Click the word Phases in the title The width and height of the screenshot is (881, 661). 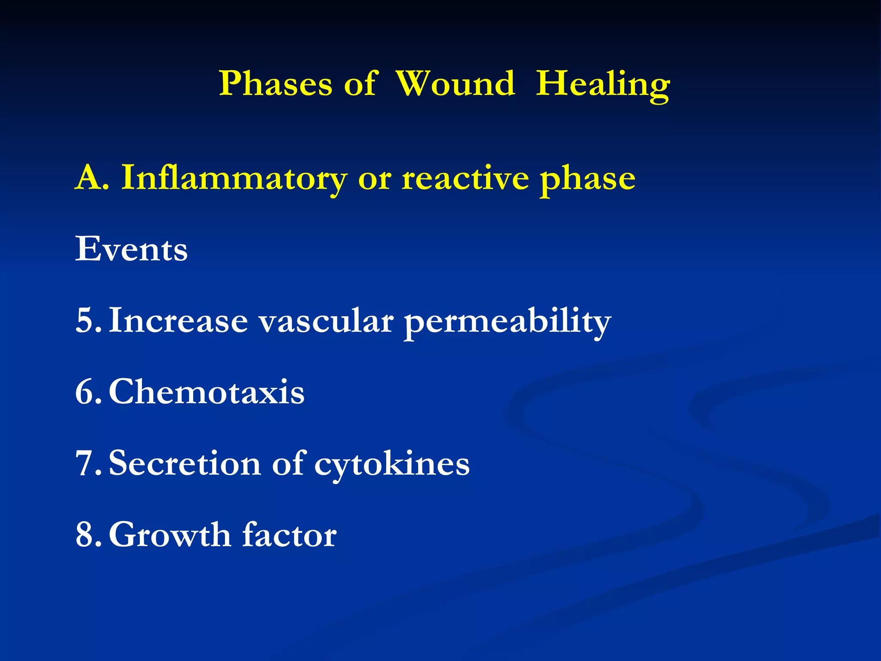[x=275, y=83]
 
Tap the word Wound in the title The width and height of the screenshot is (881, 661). [x=455, y=83]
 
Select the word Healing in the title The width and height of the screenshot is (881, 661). [x=602, y=85]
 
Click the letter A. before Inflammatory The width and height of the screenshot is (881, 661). [x=92, y=177]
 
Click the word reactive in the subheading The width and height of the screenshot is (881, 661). [x=465, y=178]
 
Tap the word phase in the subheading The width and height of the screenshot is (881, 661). [x=588, y=180]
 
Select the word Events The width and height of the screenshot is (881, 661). [x=131, y=249]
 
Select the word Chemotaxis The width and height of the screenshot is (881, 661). [x=206, y=392]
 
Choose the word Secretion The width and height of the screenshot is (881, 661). [x=185, y=463]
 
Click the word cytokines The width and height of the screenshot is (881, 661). [x=392, y=465]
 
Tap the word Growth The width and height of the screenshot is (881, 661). [x=170, y=535]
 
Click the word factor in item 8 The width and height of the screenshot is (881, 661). [x=290, y=535]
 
